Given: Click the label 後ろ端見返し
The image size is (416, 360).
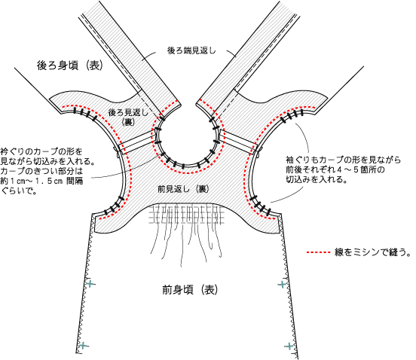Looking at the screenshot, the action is (x=191, y=50).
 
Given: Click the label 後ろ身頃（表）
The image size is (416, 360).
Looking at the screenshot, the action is (x=70, y=66).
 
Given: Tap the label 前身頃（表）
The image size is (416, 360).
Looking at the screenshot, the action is (x=190, y=289).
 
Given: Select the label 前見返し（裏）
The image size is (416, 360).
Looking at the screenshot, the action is (x=183, y=189).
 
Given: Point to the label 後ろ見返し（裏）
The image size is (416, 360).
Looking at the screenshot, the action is (x=128, y=117).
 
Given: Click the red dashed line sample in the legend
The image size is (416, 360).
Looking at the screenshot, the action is (x=318, y=252).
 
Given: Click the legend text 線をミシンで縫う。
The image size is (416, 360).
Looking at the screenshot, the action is (x=372, y=252).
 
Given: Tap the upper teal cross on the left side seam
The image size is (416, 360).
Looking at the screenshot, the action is (x=90, y=284).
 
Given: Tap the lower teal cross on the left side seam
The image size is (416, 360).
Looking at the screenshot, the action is (x=83, y=346).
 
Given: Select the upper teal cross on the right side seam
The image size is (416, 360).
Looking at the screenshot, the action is (x=282, y=285).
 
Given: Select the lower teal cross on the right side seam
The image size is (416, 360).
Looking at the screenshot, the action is (x=289, y=346).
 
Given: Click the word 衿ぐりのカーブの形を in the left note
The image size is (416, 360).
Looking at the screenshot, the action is (x=41, y=151).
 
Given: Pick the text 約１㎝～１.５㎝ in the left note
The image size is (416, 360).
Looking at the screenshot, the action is (x=32, y=181).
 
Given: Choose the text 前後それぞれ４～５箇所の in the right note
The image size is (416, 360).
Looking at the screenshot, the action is (x=335, y=169).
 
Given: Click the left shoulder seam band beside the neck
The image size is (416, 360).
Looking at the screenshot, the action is (x=136, y=141).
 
